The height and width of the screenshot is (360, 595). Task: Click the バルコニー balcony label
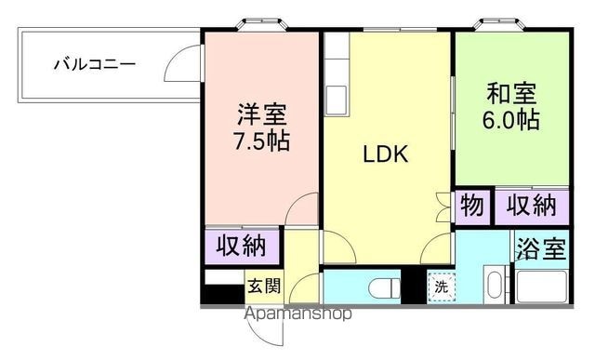(x=95, y=64)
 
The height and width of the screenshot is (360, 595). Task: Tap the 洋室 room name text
(x=262, y=114)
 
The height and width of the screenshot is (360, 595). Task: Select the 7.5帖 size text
(x=262, y=140)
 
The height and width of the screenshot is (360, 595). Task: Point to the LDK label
(x=386, y=154)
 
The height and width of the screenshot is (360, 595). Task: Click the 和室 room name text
(x=511, y=93)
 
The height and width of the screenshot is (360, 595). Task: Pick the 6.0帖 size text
(x=511, y=120)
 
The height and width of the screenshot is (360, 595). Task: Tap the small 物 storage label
(x=472, y=206)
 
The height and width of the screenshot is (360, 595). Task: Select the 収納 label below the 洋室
(x=241, y=246)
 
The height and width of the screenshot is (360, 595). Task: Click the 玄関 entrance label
(x=264, y=286)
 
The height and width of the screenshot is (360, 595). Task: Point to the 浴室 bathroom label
(x=541, y=248)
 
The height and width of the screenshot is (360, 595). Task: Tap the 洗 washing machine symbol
(x=442, y=287)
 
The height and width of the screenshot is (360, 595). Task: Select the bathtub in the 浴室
(x=542, y=287)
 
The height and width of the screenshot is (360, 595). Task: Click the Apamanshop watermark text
(x=298, y=313)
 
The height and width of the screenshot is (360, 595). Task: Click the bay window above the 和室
(x=499, y=25)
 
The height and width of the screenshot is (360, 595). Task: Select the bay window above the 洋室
(x=261, y=25)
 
